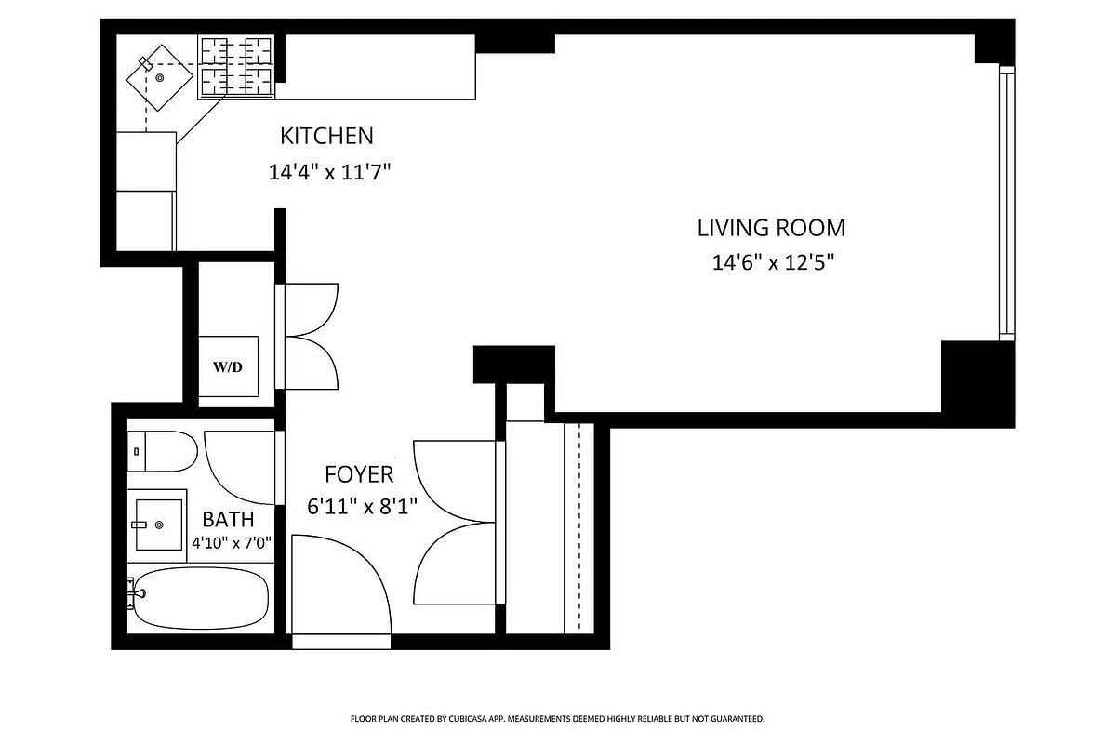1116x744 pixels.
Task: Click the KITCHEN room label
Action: pos(326,136)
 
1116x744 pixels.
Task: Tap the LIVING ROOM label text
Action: pos(771,228)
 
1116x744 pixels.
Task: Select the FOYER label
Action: pos(359,474)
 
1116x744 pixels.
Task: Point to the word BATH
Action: pos(228,520)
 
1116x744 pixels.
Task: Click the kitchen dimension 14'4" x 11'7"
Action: pos(329,172)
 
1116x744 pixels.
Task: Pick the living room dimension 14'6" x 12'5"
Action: pos(773,262)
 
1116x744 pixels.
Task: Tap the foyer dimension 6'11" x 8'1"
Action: pos(362,507)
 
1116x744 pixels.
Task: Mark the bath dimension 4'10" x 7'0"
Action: pos(232,543)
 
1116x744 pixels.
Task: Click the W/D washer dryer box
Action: pos(229,366)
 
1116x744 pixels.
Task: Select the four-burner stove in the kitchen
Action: pos(236,67)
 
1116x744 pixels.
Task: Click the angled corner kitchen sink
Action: pos(159,78)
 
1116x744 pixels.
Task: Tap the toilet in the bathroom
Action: pos(163,451)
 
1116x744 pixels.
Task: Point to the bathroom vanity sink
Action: pos(159,525)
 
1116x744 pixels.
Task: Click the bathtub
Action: pos(200,598)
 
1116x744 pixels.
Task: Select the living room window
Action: pos(1007,204)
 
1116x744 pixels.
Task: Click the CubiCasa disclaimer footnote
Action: pos(557,719)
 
